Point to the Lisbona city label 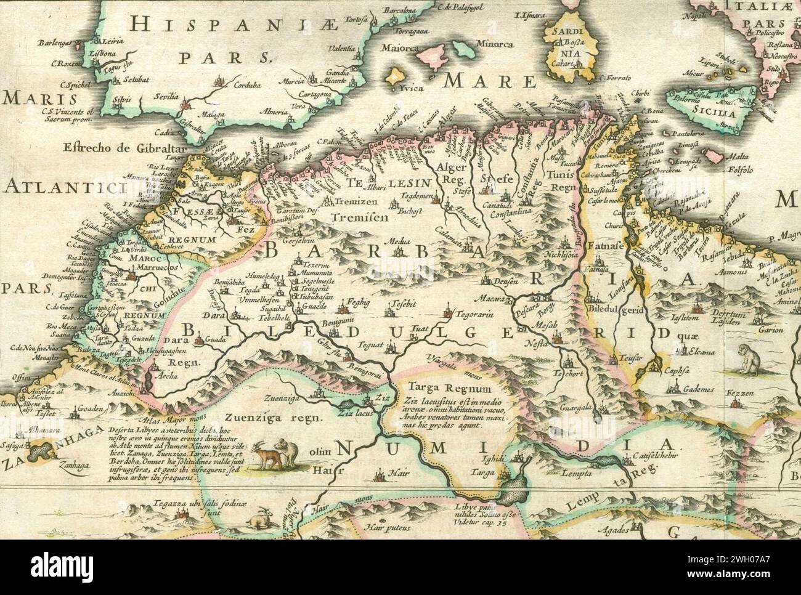[104, 54]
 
